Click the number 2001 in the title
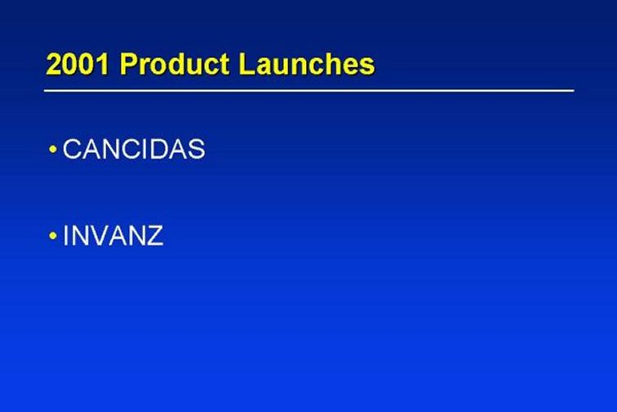[x=77, y=65]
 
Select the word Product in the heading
[x=175, y=64]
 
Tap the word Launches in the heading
[x=307, y=64]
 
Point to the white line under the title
[x=308, y=91]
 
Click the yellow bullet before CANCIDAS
[x=53, y=150]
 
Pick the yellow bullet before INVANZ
[x=53, y=235]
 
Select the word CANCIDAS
[x=134, y=149]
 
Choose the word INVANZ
[x=113, y=235]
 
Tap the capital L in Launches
[x=246, y=64]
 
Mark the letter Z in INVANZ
[x=154, y=235]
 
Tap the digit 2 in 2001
[x=54, y=65]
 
